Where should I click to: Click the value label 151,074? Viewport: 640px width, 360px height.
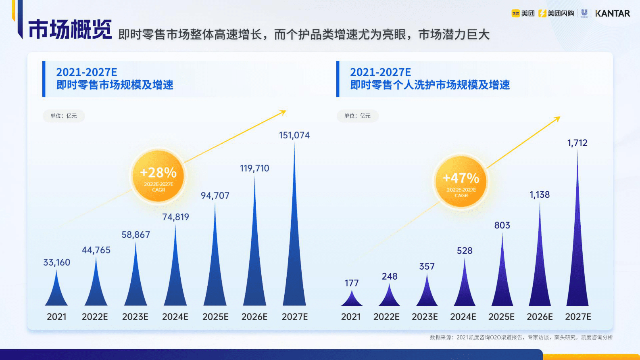(x=294, y=135)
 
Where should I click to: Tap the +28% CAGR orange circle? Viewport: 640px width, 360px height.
(x=158, y=176)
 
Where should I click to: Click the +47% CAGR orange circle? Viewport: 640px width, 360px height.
(x=461, y=181)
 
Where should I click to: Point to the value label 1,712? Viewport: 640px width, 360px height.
(x=577, y=143)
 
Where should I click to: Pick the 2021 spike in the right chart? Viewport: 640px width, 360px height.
(x=352, y=299)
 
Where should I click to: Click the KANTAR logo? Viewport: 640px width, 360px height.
(x=612, y=13)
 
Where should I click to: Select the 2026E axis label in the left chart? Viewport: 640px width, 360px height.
(x=254, y=317)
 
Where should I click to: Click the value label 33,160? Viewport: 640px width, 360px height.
(x=57, y=262)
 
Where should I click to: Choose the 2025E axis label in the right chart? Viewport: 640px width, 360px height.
(x=501, y=317)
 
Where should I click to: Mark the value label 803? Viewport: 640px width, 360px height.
(x=502, y=225)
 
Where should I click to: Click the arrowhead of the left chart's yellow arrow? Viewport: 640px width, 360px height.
(x=284, y=112)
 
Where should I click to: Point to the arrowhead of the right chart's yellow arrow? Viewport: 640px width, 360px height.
(x=558, y=118)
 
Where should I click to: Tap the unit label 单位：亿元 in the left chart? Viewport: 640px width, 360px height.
(x=64, y=116)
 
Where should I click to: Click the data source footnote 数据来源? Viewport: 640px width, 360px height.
(x=521, y=337)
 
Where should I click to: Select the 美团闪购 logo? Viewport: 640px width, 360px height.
(x=556, y=13)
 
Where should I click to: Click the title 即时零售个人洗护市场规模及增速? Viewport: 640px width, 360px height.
(x=430, y=85)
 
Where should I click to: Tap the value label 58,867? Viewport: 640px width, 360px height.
(x=136, y=234)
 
